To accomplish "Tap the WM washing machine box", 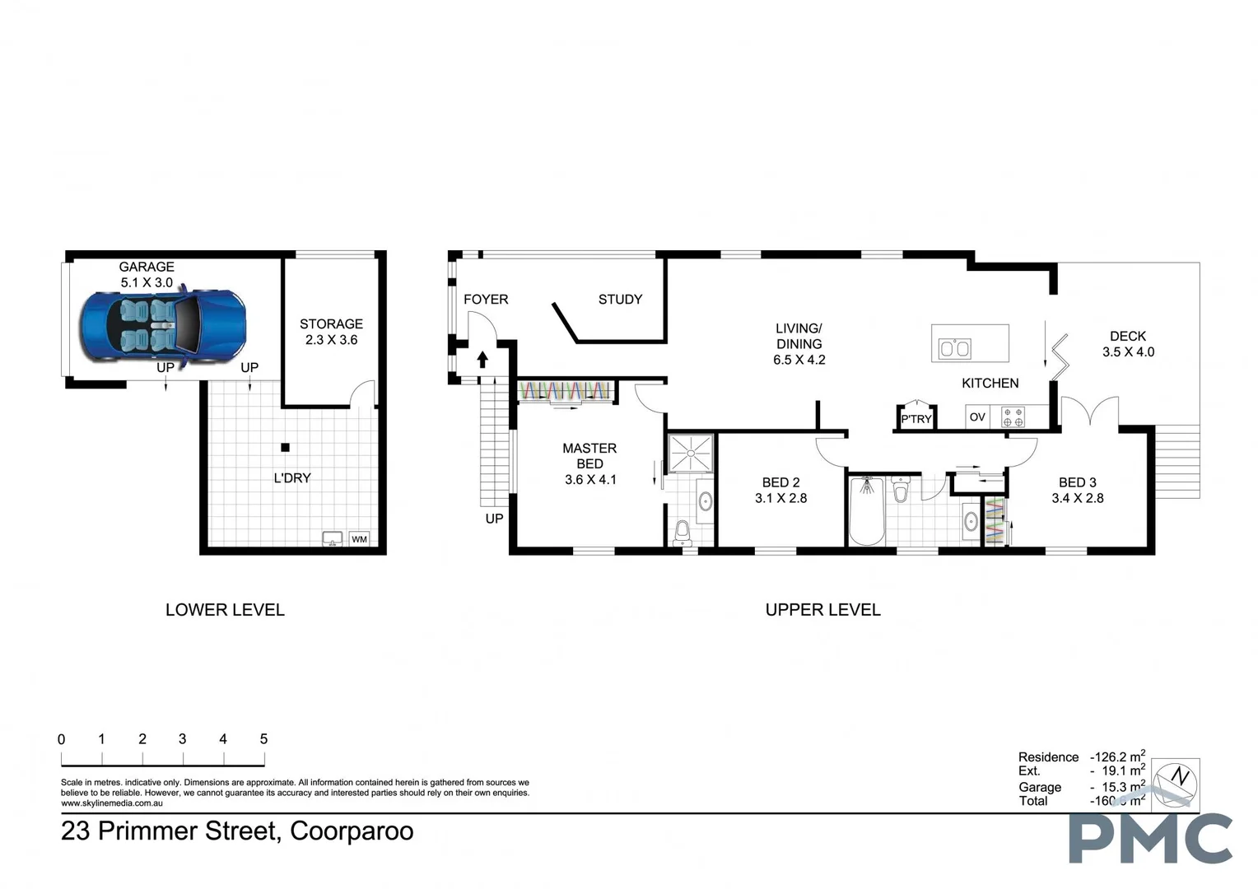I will (x=359, y=539).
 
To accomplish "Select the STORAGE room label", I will (x=331, y=323).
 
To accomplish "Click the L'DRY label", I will (x=292, y=477).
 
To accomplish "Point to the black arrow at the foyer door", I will (x=482, y=360).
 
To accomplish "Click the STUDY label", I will (x=620, y=300).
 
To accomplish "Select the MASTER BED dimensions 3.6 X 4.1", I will (x=590, y=479).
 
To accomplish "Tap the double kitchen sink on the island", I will (x=955, y=348).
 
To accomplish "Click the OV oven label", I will (x=977, y=417).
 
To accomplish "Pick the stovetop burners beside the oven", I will (x=1013, y=417).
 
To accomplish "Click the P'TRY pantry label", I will (x=916, y=419).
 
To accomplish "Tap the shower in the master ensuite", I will (x=691, y=454).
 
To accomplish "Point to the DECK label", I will (x=1127, y=336).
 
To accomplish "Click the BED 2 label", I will (x=780, y=482).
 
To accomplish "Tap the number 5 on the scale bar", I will (x=263, y=739).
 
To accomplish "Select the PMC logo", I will (x=1150, y=839).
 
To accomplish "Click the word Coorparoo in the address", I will (x=352, y=831).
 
